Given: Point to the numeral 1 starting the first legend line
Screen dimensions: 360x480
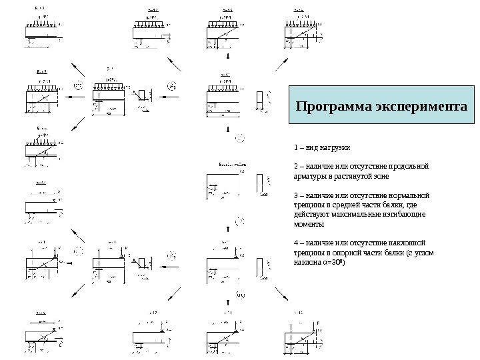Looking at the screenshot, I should pos(295,147).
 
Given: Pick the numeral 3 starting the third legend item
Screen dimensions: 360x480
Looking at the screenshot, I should pos(295,196).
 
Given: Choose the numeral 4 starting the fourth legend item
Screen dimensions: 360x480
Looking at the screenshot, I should pos(295,243).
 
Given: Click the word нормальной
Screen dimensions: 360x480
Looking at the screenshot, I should pos(410,196).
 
